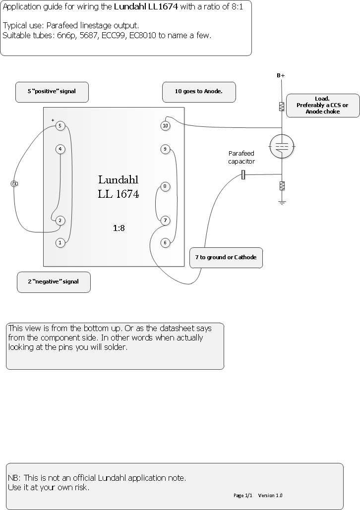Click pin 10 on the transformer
(x=165, y=126)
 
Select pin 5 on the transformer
(x=60, y=126)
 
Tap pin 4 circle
(x=60, y=149)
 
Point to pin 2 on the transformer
(x=60, y=221)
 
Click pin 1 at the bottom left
(x=60, y=243)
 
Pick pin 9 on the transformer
(x=165, y=149)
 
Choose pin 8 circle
(x=165, y=186)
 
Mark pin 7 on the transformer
(x=165, y=221)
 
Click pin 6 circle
(x=165, y=243)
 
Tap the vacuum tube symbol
(x=282, y=146)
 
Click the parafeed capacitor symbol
(x=243, y=175)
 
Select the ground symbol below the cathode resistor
(x=282, y=203)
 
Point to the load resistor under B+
(x=282, y=107)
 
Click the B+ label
(x=281, y=75)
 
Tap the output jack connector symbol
(x=14, y=184)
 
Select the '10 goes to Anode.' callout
(x=199, y=92)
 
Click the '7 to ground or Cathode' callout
(x=226, y=258)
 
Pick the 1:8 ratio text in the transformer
(x=119, y=228)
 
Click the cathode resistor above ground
(x=282, y=186)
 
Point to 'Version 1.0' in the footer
(x=270, y=495)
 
